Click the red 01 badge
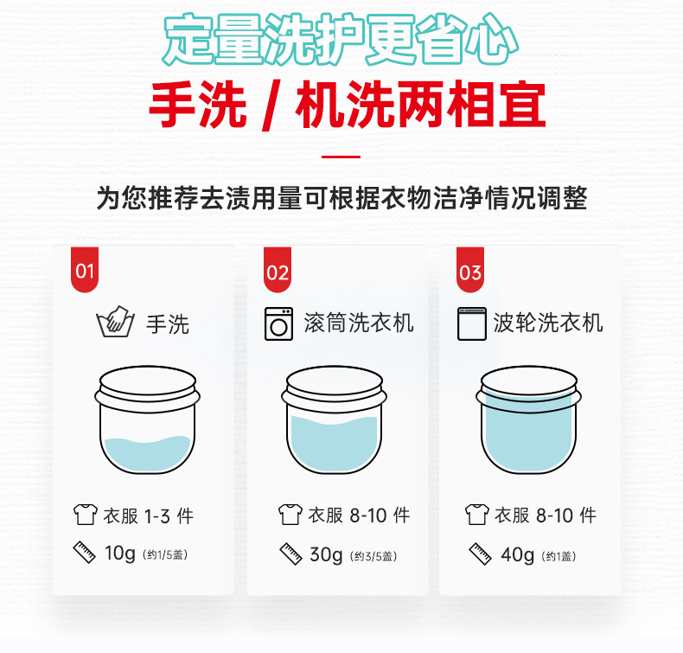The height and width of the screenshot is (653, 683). (85, 270)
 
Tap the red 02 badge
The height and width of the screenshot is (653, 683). (278, 270)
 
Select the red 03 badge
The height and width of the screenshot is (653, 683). (470, 270)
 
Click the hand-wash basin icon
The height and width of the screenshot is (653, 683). (116, 322)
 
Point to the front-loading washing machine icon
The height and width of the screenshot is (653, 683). (278, 323)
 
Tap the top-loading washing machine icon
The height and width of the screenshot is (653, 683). (472, 323)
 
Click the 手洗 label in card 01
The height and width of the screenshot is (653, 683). (168, 324)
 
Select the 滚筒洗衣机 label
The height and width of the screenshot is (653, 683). (359, 323)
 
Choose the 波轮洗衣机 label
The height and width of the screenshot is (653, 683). (548, 323)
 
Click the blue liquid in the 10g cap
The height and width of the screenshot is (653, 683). (147, 454)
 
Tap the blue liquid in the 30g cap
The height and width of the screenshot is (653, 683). (334, 445)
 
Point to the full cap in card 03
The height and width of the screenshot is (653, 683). (528, 419)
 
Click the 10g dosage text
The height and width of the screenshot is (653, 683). (120, 554)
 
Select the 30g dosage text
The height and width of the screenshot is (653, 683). (326, 555)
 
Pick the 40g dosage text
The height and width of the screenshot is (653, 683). (518, 555)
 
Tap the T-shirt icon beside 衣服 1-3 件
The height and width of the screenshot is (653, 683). (86, 515)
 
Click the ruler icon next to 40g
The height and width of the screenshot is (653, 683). (481, 554)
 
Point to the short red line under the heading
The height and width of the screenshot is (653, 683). (341, 157)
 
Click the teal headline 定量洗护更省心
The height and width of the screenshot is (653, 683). (341, 40)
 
